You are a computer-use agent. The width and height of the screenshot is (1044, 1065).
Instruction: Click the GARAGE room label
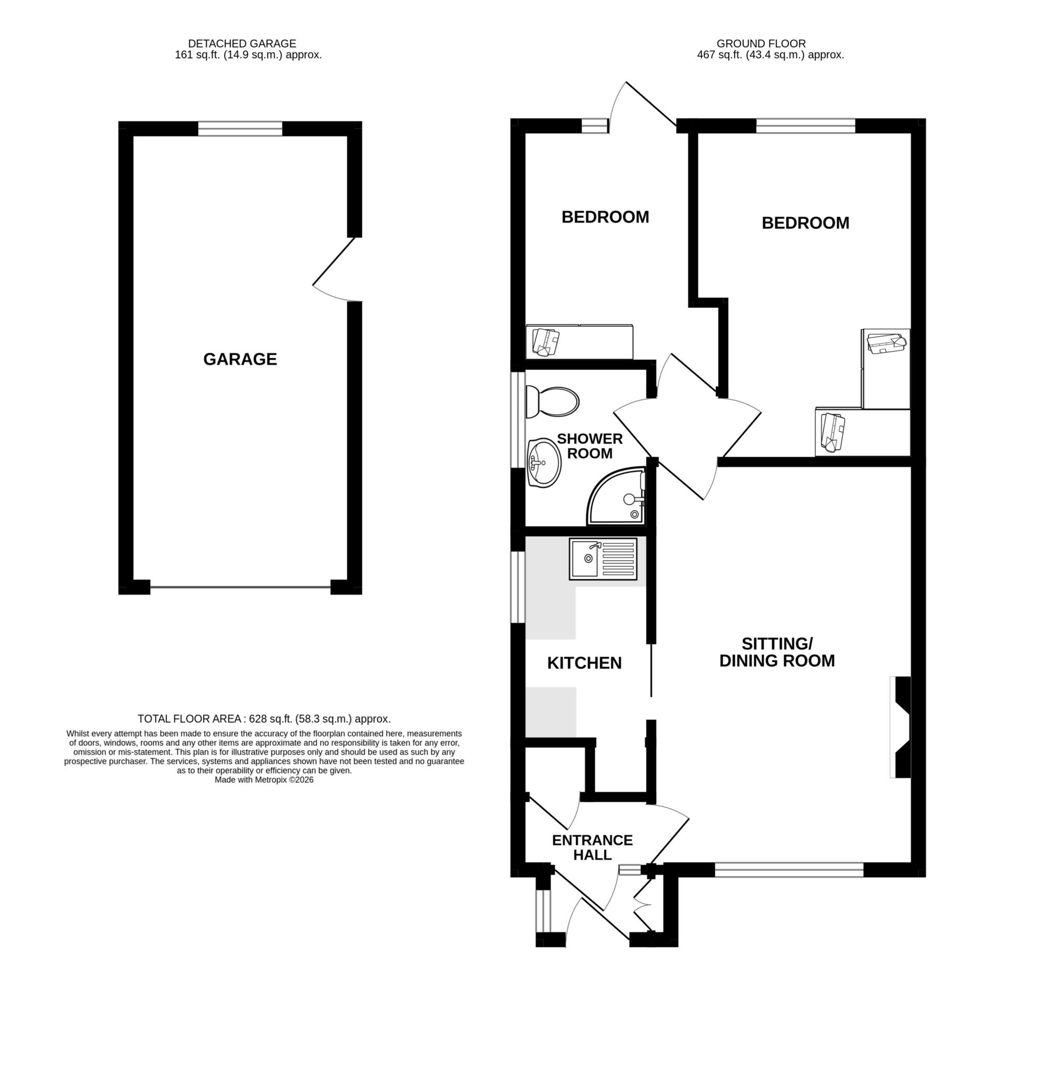(240, 359)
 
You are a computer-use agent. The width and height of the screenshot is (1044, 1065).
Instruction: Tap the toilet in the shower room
(552, 402)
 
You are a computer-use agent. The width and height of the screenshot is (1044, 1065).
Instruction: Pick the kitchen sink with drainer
(603, 559)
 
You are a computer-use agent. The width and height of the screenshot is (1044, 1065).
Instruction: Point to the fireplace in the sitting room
(902, 727)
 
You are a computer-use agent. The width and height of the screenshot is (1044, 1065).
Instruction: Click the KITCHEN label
(584, 663)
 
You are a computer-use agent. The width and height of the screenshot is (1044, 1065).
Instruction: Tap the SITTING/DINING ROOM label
(776, 652)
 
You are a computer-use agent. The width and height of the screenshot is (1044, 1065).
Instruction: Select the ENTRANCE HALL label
(592, 847)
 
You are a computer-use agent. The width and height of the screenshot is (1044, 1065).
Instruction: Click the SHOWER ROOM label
(590, 446)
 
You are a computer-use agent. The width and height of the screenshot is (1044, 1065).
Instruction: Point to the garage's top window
(240, 129)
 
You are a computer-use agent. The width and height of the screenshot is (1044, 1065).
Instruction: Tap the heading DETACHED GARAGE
(242, 43)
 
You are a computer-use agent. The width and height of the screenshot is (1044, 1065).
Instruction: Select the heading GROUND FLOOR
(761, 43)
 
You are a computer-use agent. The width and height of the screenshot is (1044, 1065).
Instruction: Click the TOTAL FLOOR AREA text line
(264, 719)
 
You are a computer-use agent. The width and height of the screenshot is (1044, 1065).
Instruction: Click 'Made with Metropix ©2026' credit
(264, 780)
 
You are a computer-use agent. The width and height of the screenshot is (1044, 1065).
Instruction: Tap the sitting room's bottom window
(789, 870)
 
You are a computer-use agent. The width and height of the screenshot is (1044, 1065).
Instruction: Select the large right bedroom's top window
(805, 125)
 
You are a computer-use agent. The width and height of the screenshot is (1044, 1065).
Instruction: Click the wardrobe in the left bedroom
(579, 342)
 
